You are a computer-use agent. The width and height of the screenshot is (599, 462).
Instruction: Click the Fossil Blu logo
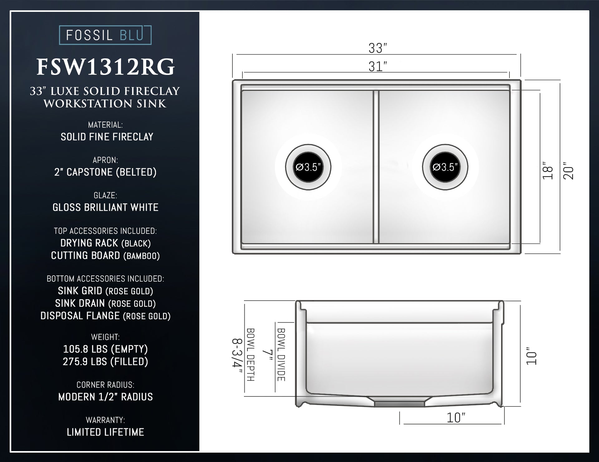pos(105,35)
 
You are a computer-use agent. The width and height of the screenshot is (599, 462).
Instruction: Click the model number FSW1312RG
pos(105,67)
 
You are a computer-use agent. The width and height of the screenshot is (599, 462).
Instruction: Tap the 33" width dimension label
pos(377,48)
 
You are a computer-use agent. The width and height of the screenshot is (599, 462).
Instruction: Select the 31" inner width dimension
pos(377,66)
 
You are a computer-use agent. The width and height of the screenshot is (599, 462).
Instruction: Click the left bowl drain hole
pos(308,167)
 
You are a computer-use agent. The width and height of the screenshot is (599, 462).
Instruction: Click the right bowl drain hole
pos(445,167)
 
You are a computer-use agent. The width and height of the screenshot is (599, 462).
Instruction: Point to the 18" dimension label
pos(548,170)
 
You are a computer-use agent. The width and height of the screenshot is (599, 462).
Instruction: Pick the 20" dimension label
pos(568,170)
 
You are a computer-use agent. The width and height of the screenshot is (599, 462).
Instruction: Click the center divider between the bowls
pos(376,167)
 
